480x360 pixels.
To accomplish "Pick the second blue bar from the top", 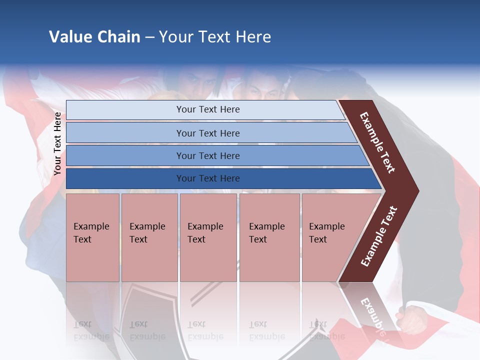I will coord(208,133).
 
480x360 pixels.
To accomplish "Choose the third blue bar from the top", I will coord(208,155).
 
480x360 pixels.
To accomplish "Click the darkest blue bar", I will coord(208,178).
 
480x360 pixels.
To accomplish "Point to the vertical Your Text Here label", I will coord(57,143).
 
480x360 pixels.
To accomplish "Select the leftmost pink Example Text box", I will coord(92,237).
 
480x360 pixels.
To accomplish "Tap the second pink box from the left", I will coord(149,237).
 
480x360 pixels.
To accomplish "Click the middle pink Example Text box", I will coord(208,237).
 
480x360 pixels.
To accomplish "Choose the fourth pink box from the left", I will coord(269,237).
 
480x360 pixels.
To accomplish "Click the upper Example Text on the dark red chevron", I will coord(377,142).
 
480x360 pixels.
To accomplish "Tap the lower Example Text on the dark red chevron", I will coord(379,236).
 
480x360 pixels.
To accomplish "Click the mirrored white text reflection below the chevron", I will coord(372,315).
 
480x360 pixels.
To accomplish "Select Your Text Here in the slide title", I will coord(215,37).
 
